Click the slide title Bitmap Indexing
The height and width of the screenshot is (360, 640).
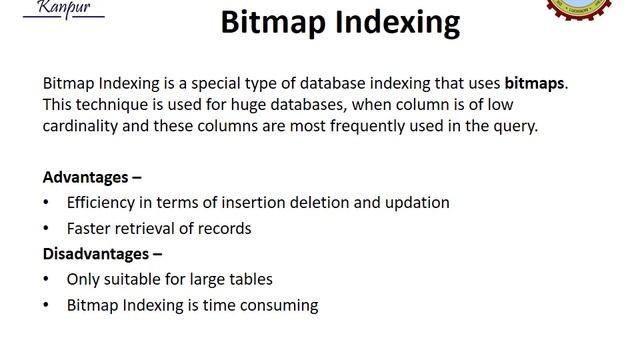pyautogui.click(x=340, y=22)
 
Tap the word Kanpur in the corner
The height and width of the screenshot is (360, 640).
pyautogui.click(x=61, y=7)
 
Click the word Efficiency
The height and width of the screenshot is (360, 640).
pyautogui.click(x=103, y=202)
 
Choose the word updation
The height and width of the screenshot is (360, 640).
pyautogui.click(x=413, y=202)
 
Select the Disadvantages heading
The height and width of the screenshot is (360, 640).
pyautogui.click(x=102, y=254)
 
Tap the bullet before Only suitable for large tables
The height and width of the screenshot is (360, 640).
pyautogui.click(x=46, y=280)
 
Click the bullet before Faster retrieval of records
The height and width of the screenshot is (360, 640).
pyautogui.click(x=46, y=228)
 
